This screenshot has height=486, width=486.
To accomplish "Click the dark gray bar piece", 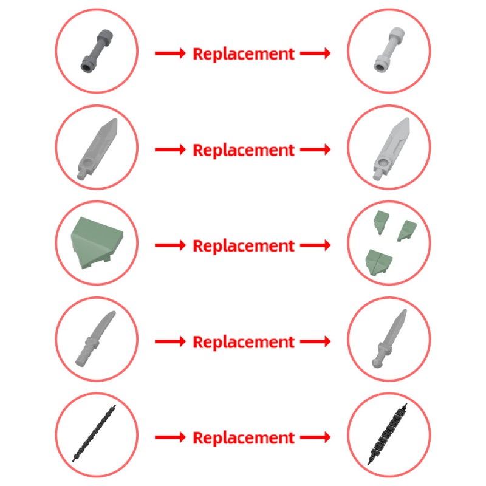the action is tap(97, 51).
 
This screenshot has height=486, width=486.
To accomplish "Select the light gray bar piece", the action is tap(389, 50).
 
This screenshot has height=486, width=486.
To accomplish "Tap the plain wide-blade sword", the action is tap(97, 149).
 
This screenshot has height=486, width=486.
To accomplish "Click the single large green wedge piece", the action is tap(97, 242).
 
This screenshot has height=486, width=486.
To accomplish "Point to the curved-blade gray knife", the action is tap(95, 339).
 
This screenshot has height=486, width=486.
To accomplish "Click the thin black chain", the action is tap(94, 433).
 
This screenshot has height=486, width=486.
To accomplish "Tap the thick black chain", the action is tap(387, 434).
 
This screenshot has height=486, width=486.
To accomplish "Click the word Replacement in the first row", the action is tap(244, 54).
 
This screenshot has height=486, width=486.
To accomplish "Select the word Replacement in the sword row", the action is tap(244, 150).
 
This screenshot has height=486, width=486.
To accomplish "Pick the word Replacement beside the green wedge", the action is tap(244, 246).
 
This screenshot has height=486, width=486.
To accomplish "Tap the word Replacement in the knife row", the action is tap(244, 342).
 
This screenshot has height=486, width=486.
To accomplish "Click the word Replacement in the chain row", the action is tap(244, 437).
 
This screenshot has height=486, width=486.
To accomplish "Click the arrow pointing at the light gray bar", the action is tap(315, 53).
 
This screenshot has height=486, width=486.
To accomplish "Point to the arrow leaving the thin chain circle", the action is tap(170, 437).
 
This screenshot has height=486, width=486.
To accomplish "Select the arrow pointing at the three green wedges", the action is tap(315, 245).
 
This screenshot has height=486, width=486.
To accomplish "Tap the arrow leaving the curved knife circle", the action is tap(170, 341).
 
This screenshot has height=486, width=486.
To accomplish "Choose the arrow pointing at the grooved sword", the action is tap(315, 149).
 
